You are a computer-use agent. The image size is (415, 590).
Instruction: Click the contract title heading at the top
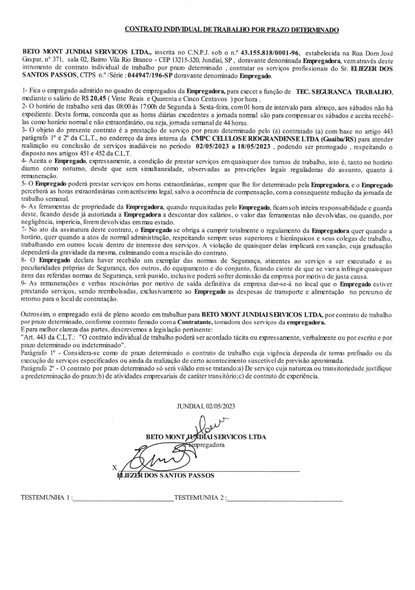coord(232,30)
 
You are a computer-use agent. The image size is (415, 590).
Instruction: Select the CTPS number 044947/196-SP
coord(150,76)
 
